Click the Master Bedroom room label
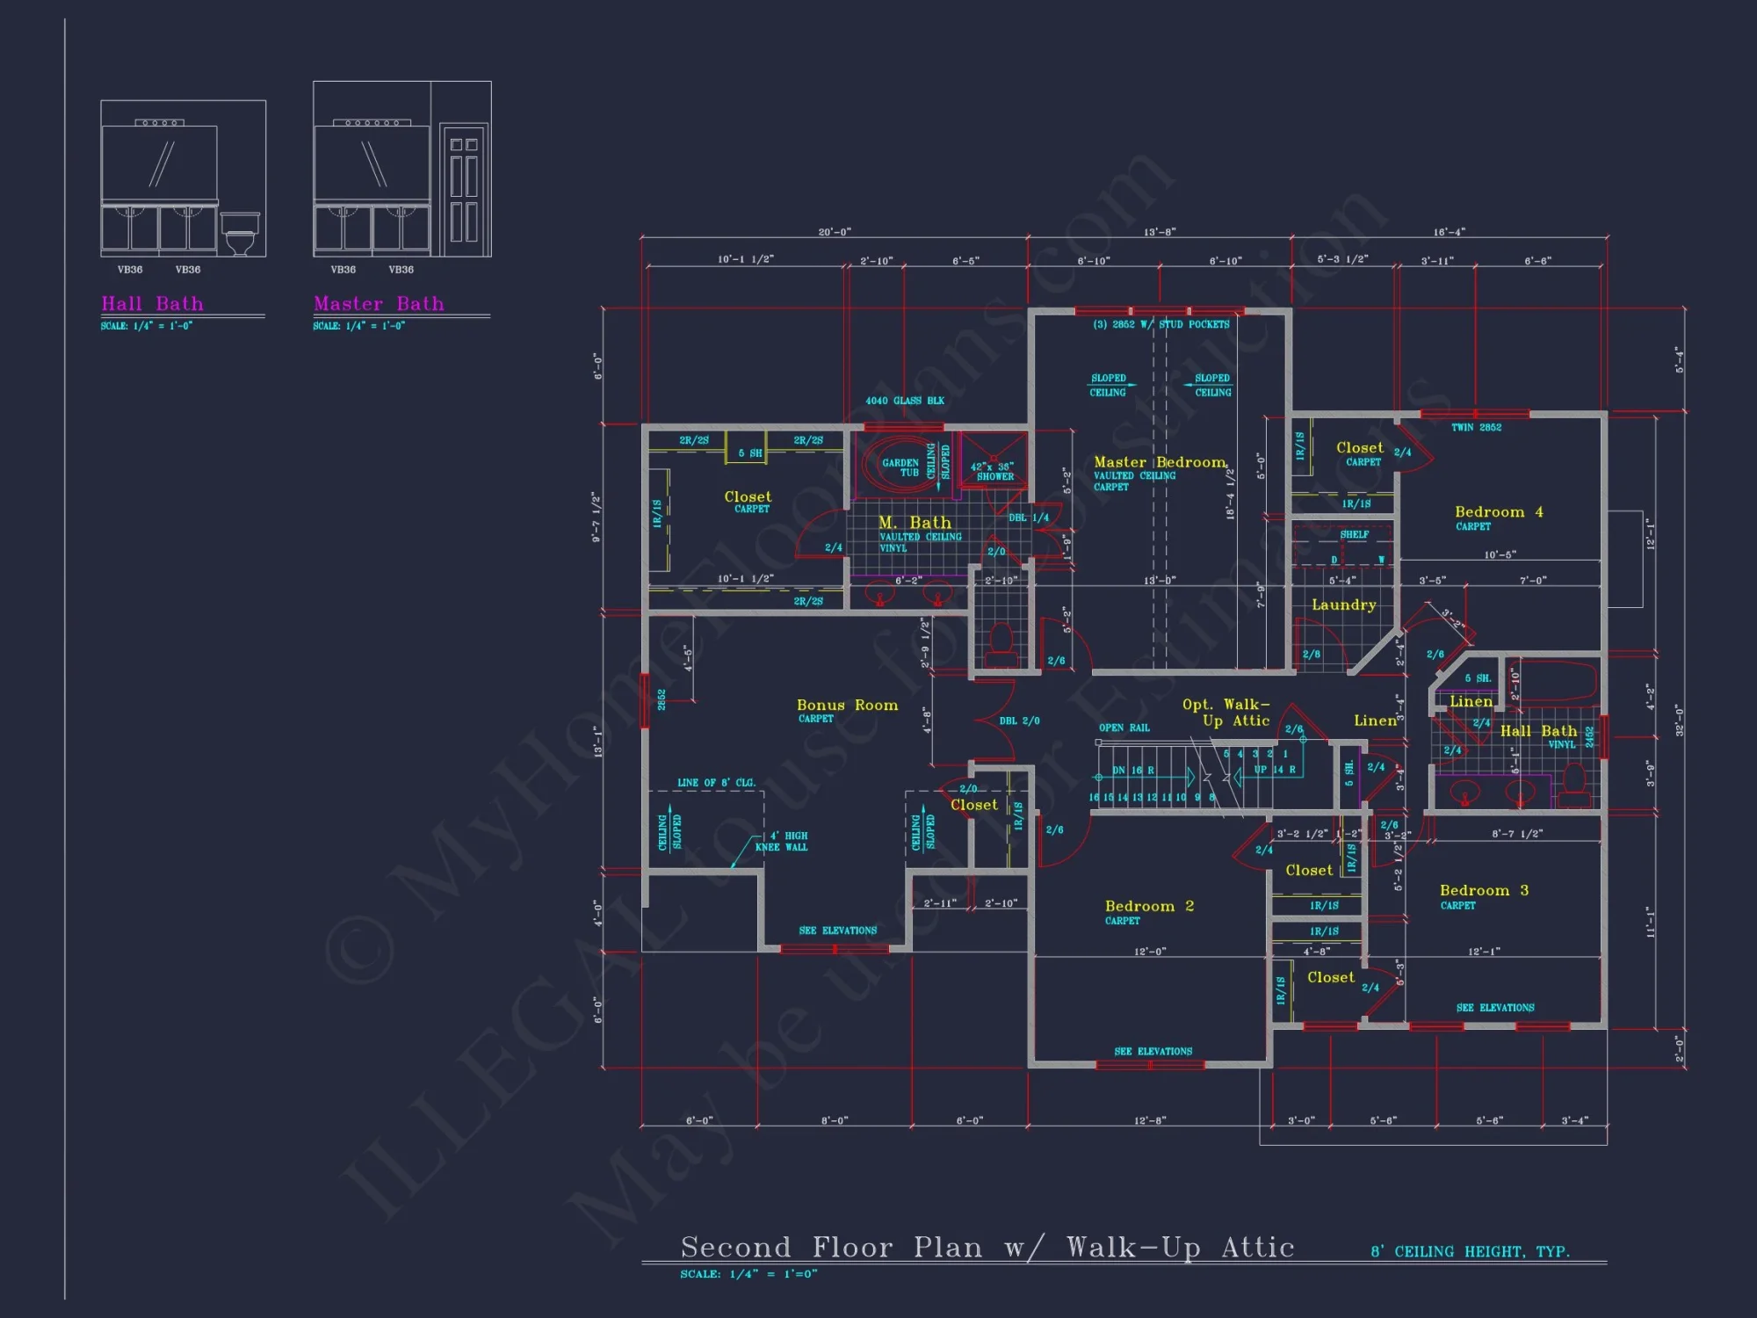pyautogui.click(x=1160, y=462)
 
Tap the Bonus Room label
pyautogui.click(x=847, y=705)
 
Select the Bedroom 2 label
pyautogui.click(x=1149, y=906)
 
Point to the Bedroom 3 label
pyautogui.click(x=1484, y=890)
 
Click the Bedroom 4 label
pyautogui.click(x=1499, y=511)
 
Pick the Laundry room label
pyautogui.click(x=1343, y=605)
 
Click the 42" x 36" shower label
pyautogui.click(x=994, y=471)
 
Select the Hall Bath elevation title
pyautogui.click(x=152, y=304)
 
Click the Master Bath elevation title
pyautogui.click(x=379, y=304)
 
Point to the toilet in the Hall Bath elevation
pyautogui.click(x=240, y=235)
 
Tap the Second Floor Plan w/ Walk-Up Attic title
pyautogui.click(x=987, y=1247)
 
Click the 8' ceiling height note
pyautogui.click(x=1470, y=1251)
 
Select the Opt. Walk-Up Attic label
pyautogui.click(x=1226, y=713)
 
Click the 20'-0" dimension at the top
pyautogui.click(x=834, y=232)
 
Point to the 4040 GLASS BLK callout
pyautogui.click(x=905, y=401)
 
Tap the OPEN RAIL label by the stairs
pyautogui.click(x=1124, y=728)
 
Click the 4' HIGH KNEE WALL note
pyautogui.click(x=782, y=842)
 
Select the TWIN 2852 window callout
pyautogui.click(x=1476, y=428)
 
